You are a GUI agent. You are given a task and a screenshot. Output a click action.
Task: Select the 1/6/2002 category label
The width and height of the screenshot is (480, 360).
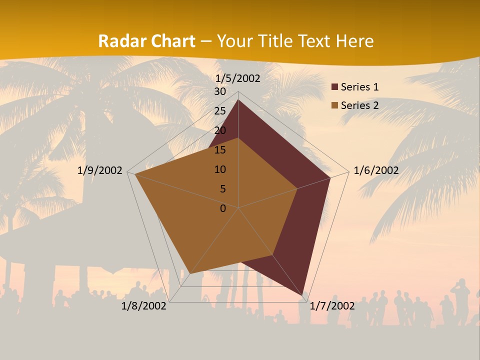coord(376,170)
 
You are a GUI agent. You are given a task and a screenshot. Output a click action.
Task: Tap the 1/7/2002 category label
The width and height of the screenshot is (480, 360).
coord(332,306)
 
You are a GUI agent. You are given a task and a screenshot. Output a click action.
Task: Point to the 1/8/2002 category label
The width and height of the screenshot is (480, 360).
coord(144,306)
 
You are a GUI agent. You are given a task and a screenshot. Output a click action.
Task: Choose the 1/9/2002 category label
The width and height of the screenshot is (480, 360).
coord(100,170)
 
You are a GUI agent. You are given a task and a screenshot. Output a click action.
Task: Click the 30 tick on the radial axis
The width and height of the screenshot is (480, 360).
coord(220,91)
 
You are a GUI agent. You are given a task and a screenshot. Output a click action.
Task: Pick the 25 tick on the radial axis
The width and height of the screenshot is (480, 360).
coord(220,111)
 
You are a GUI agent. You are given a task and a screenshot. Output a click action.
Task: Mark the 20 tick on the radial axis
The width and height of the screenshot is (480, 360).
coord(220,130)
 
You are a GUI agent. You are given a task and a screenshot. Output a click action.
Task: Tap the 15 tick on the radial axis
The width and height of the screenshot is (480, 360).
coord(220,150)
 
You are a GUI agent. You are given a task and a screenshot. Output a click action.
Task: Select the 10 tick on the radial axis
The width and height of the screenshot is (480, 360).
coord(220,169)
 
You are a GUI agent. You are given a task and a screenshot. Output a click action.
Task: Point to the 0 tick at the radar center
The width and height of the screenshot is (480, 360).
coord(223,208)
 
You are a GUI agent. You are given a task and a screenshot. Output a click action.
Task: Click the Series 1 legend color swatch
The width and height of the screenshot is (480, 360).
coord(334,87)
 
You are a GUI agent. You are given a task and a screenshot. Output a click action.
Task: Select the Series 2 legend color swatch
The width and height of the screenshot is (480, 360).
coord(334,105)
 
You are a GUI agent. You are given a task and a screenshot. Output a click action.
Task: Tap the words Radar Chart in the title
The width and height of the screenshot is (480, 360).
coord(146,41)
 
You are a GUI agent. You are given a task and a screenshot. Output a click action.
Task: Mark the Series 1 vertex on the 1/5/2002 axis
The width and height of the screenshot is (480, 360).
coord(238,100)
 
